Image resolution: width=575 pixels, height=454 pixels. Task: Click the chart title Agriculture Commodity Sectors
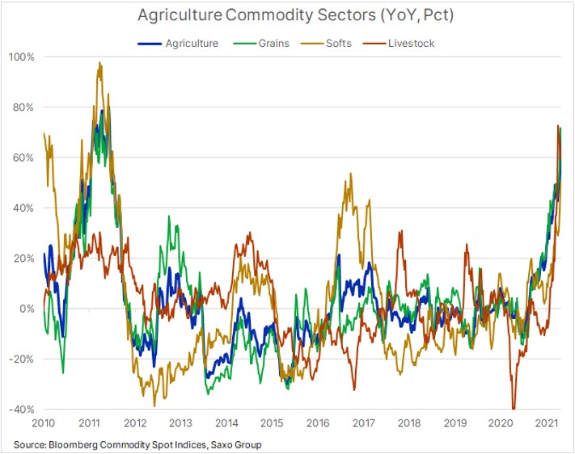point(287,15)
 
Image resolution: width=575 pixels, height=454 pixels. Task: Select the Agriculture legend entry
point(182,43)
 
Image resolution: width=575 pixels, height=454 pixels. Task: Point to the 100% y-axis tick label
point(22,57)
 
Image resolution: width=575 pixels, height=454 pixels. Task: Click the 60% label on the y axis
point(24,158)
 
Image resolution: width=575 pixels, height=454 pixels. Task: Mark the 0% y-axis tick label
point(27,309)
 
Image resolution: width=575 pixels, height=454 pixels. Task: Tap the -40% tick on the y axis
point(22,409)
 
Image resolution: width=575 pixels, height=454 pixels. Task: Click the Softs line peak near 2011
point(99,63)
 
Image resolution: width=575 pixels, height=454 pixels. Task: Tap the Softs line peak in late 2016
point(350,174)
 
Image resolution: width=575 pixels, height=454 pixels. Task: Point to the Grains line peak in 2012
point(168,216)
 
